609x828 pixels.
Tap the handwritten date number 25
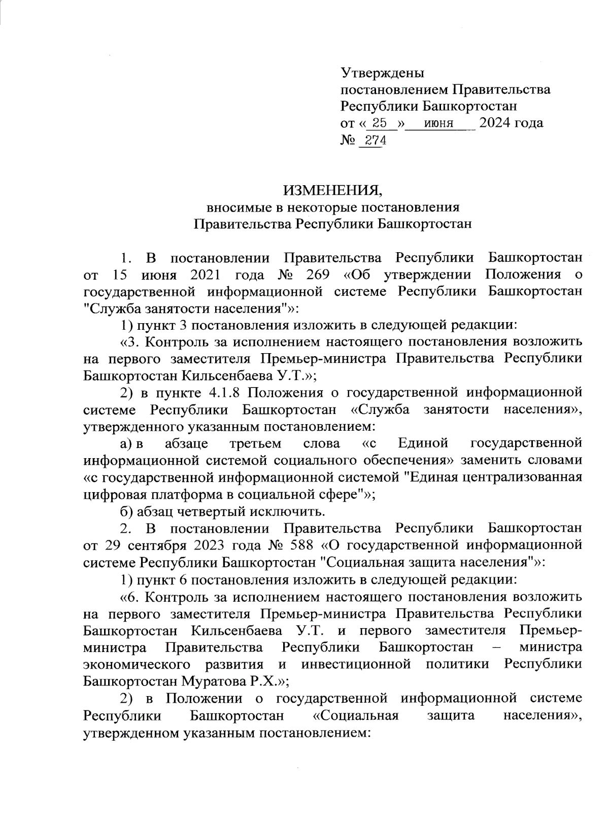pos(379,123)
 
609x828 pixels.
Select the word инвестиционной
pos(355,664)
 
